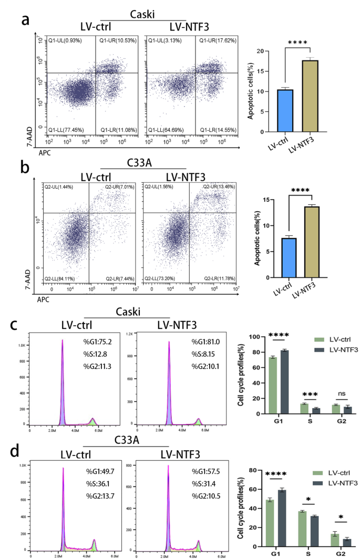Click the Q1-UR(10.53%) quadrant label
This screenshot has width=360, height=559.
click(116, 40)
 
